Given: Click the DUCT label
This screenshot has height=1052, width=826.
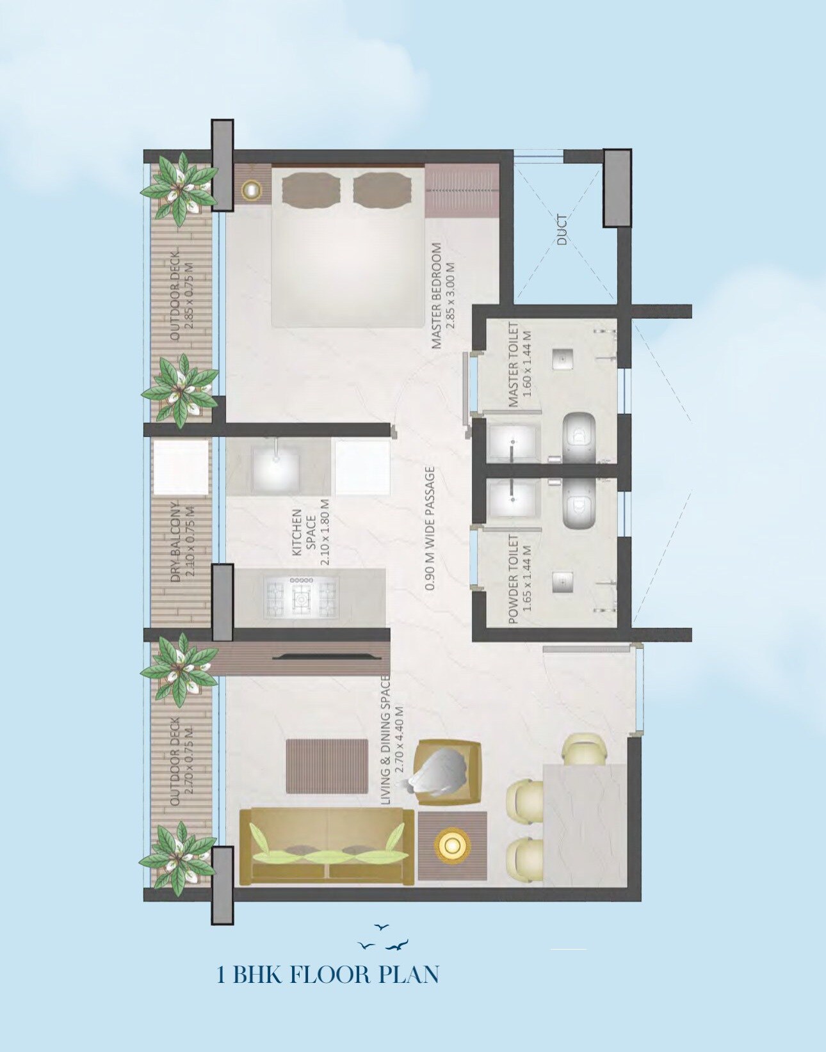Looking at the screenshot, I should tap(562, 230).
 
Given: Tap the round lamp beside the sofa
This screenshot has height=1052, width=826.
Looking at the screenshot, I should tap(451, 845).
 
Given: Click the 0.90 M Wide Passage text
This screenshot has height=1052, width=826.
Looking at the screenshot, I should tap(430, 528).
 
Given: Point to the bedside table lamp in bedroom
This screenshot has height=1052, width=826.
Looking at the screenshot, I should tap(250, 189).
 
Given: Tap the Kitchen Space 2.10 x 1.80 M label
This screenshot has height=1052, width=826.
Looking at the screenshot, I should tap(311, 536).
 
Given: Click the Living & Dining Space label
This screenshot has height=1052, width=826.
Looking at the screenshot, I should tap(393, 740).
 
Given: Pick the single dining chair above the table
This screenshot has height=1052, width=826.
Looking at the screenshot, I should tap(583, 749).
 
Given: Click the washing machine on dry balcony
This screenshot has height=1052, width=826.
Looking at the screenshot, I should tap(181, 466).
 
